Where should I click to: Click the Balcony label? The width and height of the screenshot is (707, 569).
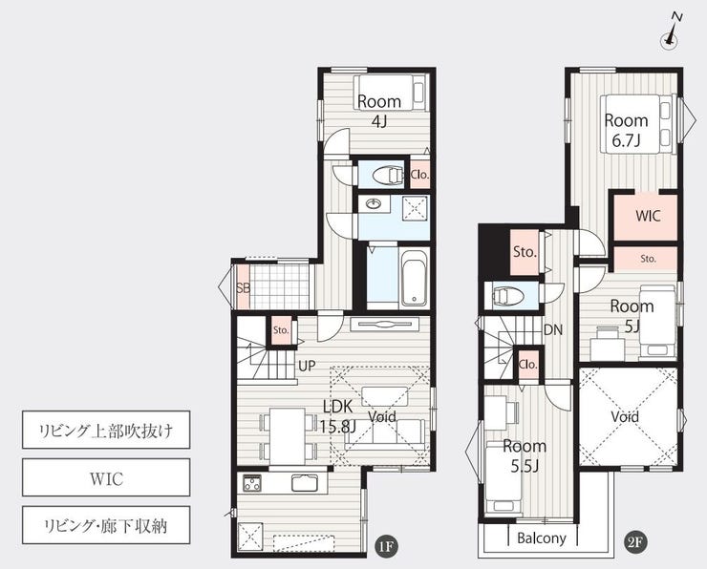(x=541, y=537)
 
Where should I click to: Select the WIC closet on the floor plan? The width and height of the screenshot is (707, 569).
(x=646, y=217)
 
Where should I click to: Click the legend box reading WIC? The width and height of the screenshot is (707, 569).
(x=106, y=477)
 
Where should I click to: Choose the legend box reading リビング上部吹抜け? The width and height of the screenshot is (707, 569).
(x=106, y=430)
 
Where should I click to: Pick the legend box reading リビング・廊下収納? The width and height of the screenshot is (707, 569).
(x=106, y=525)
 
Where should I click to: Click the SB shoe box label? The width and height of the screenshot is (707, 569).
(x=243, y=287)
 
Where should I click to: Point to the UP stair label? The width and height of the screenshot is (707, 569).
(x=307, y=366)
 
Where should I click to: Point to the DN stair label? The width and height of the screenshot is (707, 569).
(x=553, y=330)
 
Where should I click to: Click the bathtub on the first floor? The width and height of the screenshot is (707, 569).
(x=414, y=278)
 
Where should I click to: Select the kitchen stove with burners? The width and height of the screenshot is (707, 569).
(x=252, y=483)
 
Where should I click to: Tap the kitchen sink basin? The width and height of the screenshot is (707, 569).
(x=305, y=483)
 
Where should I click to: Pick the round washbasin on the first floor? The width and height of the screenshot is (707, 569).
(x=374, y=204)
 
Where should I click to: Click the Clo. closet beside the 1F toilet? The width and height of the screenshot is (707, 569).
(x=419, y=175)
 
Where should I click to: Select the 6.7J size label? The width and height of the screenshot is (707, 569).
(x=626, y=141)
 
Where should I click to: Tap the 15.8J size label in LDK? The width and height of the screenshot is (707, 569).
(x=337, y=426)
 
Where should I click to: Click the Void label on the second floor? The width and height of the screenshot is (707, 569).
(x=625, y=416)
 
